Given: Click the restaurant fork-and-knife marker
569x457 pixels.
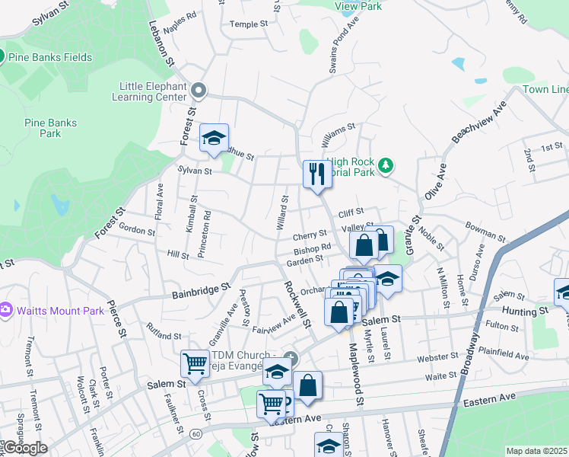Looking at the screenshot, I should pyautogui.click(x=315, y=174).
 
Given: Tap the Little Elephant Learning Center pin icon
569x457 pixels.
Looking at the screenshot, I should pyautogui.click(x=199, y=91).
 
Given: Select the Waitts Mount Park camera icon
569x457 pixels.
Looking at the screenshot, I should pyautogui.click(x=5, y=309).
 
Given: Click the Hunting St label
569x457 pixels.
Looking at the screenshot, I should pyautogui.click(x=526, y=311).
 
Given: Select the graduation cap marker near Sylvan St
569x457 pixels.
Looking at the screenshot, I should pyautogui.click(x=215, y=138).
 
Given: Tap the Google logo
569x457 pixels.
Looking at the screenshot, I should pyautogui.click(x=24, y=448).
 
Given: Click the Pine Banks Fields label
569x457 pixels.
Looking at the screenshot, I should pyautogui.click(x=51, y=57).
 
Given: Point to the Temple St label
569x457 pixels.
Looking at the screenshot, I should pyautogui.click(x=249, y=24).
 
